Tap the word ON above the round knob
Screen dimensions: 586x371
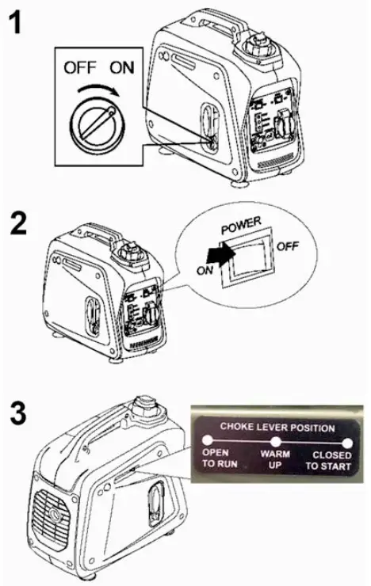[120, 69]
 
